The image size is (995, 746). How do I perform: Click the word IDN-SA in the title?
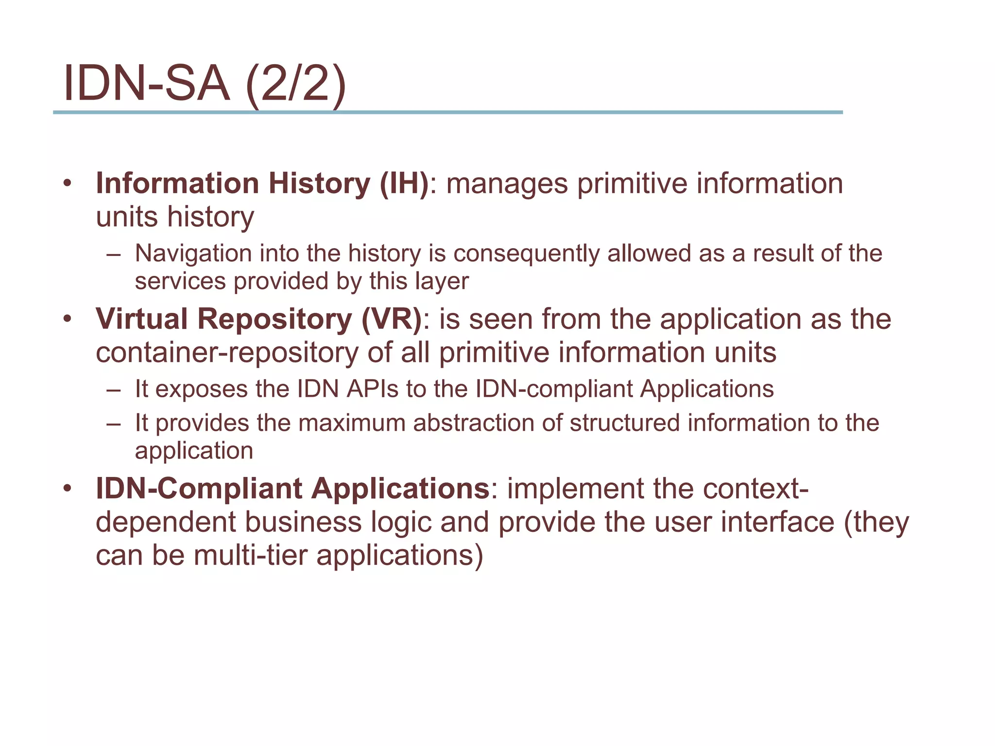146,84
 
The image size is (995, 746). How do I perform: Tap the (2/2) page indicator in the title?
296,85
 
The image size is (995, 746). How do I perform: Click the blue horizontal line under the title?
447,112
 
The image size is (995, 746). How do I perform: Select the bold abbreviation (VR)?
392,319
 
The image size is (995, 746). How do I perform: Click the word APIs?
372,389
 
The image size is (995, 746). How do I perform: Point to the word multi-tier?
251,555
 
